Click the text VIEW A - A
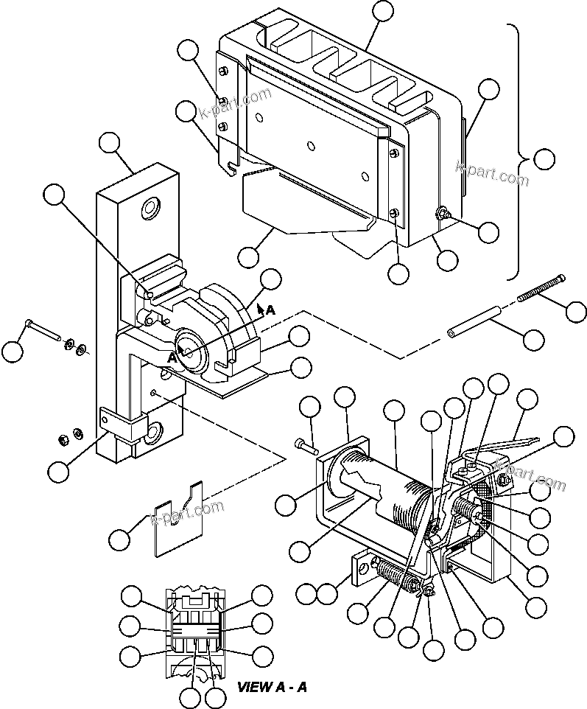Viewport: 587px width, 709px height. [272, 687]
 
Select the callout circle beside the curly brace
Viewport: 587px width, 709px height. [544, 159]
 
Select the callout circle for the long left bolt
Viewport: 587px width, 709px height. [13, 352]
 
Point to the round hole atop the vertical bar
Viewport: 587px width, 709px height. [153, 209]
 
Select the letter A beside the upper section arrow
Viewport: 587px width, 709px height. [270, 310]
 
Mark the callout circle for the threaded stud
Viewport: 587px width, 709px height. [576, 311]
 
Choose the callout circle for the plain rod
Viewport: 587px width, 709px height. [533, 340]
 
